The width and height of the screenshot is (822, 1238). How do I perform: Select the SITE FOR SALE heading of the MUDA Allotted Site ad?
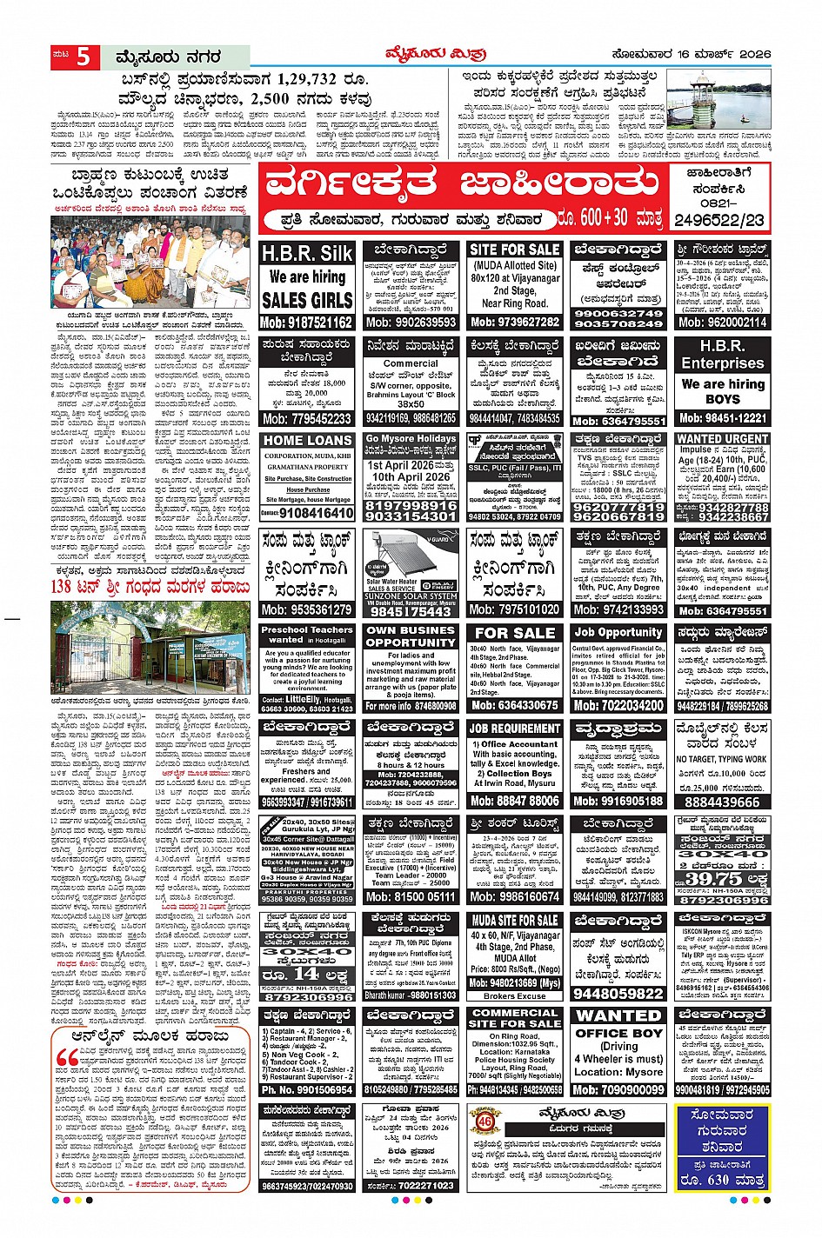(514, 250)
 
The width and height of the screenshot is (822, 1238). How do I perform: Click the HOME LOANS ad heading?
(307, 441)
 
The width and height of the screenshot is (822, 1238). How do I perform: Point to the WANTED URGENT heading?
(723, 439)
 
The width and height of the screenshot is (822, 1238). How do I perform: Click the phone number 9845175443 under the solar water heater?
(411, 612)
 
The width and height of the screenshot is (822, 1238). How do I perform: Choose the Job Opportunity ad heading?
(618, 632)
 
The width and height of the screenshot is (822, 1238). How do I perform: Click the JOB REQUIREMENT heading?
(514, 729)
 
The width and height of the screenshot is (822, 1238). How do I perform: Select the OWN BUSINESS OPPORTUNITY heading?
(411, 636)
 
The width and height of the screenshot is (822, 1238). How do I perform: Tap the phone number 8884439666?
(723, 802)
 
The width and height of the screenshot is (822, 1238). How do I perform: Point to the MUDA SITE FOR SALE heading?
(514, 921)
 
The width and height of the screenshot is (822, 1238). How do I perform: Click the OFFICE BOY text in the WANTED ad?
(618, 1033)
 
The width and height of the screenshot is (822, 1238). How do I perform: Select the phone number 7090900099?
(618, 1090)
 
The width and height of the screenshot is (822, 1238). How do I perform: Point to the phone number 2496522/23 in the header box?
(720, 221)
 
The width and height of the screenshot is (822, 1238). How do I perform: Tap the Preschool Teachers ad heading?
(307, 634)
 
